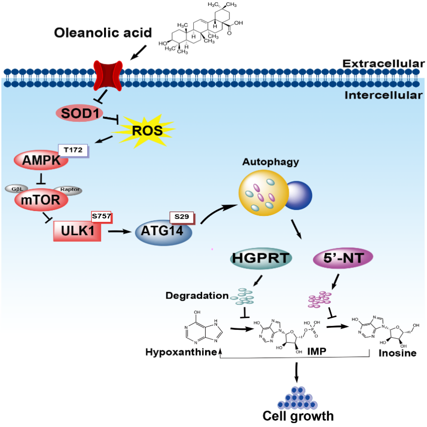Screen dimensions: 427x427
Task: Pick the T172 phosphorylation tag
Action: tap(73, 149)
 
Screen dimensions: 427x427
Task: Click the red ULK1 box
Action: tap(77, 230)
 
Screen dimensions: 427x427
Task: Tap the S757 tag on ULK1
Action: tap(101, 217)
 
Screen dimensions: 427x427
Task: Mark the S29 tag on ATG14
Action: tap(181, 217)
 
